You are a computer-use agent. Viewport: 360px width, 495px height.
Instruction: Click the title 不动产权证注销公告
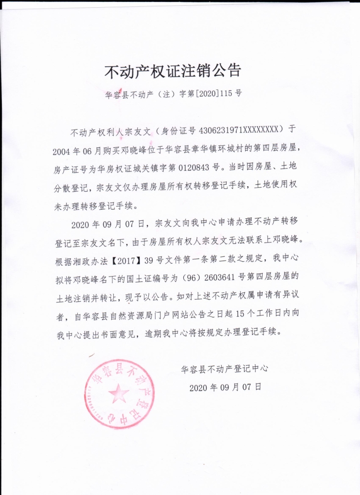173,72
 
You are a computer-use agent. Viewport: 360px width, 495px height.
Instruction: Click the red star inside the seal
119,394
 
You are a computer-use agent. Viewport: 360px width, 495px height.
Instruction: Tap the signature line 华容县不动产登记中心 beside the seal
224,370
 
